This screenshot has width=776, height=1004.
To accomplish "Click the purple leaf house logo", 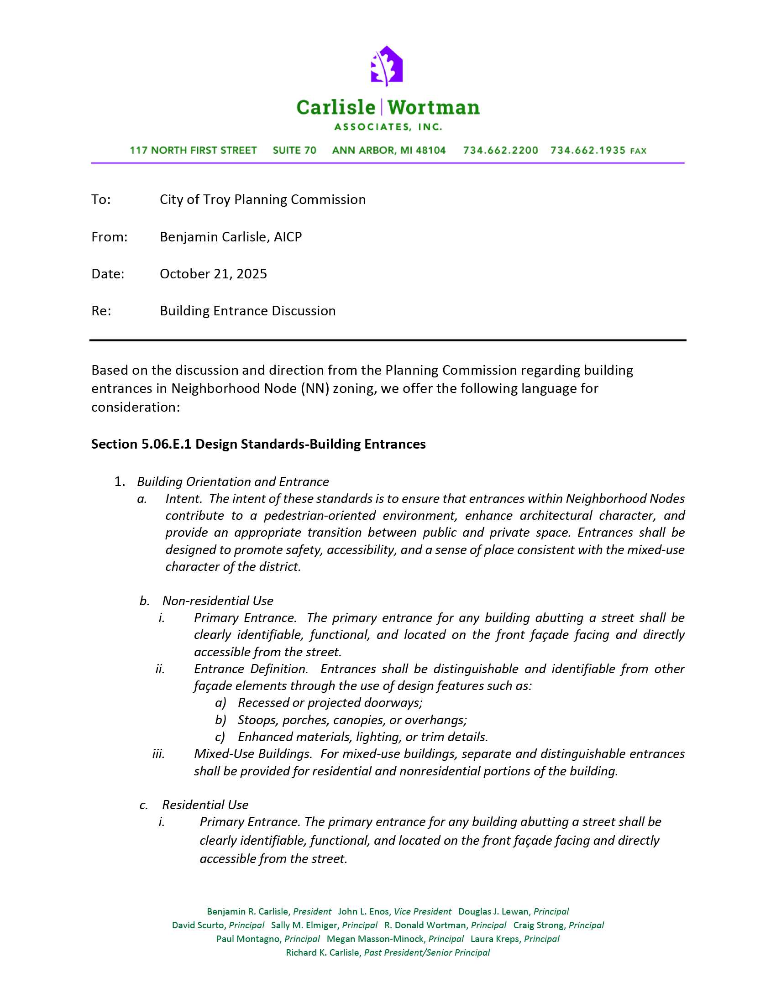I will click(x=387, y=66).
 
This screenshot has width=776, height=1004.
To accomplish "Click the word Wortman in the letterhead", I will click(x=434, y=108).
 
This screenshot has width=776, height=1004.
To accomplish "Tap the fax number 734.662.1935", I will click(x=588, y=151).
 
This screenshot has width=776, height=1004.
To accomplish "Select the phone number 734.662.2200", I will click(x=501, y=151).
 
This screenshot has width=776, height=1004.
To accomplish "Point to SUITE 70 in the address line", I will click(x=294, y=151).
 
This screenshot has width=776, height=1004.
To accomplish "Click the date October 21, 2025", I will click(x=213, y=274).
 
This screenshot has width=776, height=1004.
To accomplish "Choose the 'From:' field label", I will click(x=110, y=237).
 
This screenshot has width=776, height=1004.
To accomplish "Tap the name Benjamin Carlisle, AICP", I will click(x=231, y=237).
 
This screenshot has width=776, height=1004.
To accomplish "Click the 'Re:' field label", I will click(x=101, y=311).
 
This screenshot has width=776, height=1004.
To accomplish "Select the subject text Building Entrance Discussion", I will click(x=248, y=311).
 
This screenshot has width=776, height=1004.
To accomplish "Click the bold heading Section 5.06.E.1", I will click(x=141, y=444).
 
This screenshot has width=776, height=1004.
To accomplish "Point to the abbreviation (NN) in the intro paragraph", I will click(x=315, y=389).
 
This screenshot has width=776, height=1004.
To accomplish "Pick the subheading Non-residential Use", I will click(x=218, y=601).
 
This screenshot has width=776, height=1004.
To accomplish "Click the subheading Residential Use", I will click(x=205, y=805).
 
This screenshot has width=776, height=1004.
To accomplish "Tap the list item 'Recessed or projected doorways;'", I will click(x=330, y=703).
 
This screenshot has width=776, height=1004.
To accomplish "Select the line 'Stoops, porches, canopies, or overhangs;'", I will click(x=352, y=720).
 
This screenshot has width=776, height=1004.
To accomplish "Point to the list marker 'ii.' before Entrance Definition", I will click(x=160, y=669).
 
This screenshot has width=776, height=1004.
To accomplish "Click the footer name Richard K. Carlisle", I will click(x=322, y=952).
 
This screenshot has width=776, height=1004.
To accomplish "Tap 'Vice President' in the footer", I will click(x=423, y=912).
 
